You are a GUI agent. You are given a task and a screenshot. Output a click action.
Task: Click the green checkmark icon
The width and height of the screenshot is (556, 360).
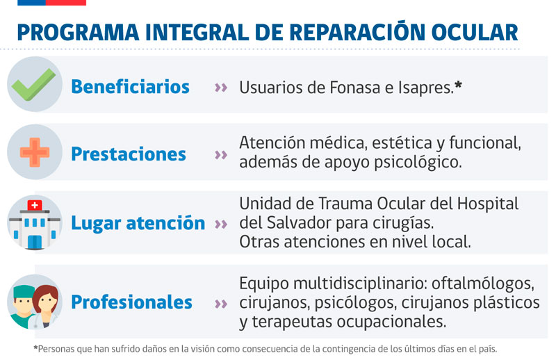coord(33,85)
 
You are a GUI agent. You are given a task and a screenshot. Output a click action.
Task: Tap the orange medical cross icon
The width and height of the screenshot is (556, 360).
coord(35,152)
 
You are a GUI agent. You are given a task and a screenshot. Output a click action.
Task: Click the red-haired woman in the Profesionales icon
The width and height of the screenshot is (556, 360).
coord(46,306)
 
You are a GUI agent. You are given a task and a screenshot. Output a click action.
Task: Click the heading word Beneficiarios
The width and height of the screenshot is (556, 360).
coord(130,87)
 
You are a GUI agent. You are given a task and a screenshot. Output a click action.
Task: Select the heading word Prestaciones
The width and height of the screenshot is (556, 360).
coord(129,154)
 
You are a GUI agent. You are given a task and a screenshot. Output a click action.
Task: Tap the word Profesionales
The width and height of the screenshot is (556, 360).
coord(131,302)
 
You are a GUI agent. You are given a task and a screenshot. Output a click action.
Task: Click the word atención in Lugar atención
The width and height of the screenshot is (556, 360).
coord(165,223)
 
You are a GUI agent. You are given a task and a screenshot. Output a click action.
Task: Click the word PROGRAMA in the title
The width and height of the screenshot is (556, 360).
coord(79,33)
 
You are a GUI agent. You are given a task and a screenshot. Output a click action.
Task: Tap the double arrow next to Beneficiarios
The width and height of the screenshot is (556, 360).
coord(221,88)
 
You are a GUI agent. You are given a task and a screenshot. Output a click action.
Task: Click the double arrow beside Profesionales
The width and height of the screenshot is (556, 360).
coord(221,304)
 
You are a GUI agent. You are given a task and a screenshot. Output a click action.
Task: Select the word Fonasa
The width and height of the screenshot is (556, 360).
coord(355,88)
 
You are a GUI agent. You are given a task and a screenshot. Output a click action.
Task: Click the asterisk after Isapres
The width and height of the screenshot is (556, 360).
coord(458,84)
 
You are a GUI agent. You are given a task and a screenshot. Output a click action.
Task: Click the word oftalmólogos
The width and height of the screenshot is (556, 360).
coord(482,284)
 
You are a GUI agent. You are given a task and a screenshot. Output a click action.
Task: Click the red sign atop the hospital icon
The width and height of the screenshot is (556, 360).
coord(35,205)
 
